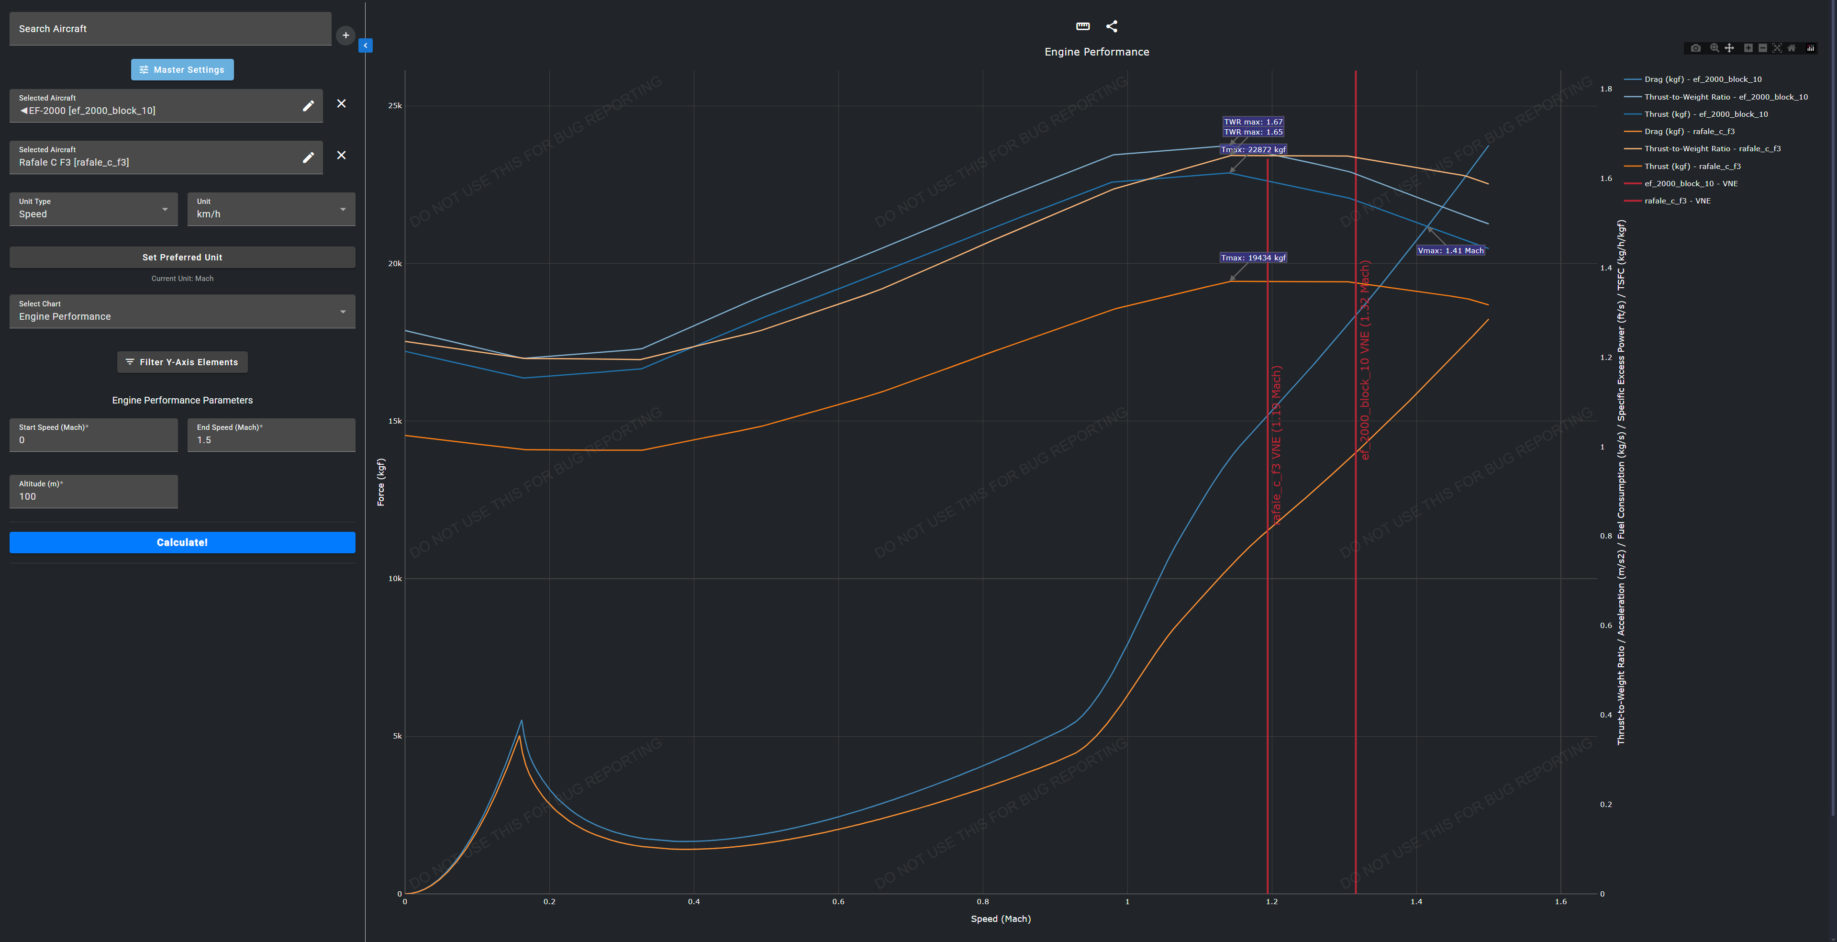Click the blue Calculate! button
[182, 542]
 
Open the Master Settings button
[182, 70]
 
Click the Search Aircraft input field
[170, 29]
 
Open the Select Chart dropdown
[182, 312]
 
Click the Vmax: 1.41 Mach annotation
[1450, 251]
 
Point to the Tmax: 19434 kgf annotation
[1253, 258]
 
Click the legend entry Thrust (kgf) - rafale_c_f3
[1692, 166]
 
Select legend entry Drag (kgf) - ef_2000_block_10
[1702, 79]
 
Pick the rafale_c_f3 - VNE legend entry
[1677, 201]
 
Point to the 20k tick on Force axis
[394, 264]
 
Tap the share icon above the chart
[1111, 26]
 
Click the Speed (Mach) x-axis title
[1001, 919]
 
